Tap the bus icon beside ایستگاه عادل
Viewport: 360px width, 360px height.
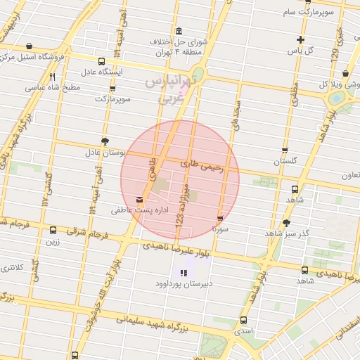(x=103, y=61)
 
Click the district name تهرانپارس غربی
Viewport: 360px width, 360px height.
(x=172, y=90)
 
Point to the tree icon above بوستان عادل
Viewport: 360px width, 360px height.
(x=105, y=141)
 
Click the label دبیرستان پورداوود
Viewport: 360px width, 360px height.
(x=184, y=284)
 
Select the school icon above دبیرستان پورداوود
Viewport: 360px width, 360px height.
(x=184, y=273)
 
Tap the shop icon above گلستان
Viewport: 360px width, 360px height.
(x=285, y=150)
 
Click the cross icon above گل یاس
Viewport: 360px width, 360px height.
(x=301, y=39)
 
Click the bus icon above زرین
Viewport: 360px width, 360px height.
(x=53, y=230)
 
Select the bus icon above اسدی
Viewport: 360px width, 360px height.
(x=243, y=320)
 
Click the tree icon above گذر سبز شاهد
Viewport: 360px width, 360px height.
(x=286, y=222)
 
